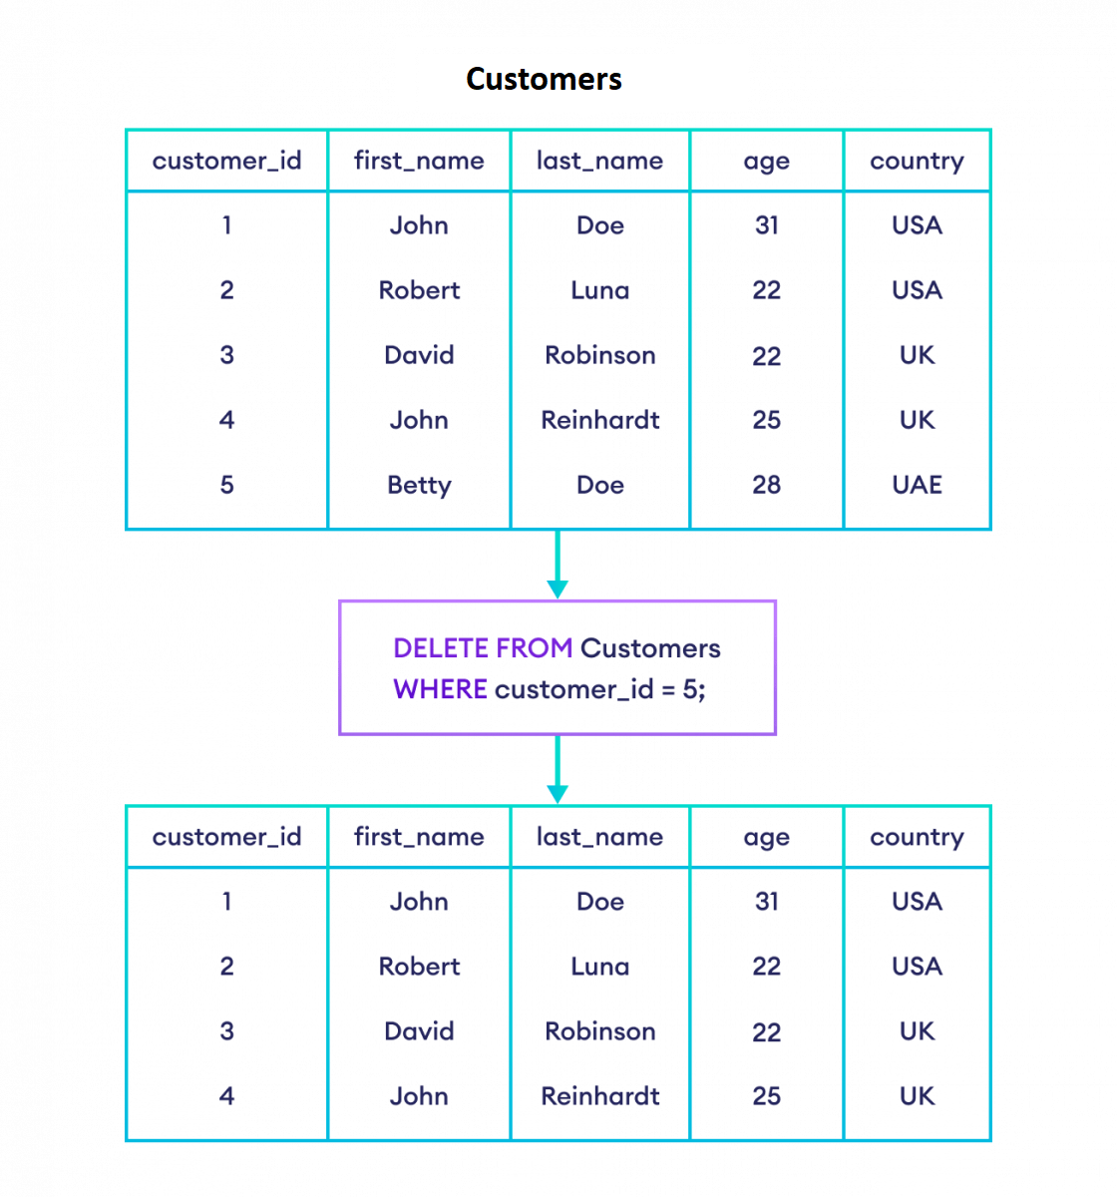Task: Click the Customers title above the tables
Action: (x=544, y=79)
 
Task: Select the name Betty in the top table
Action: (x=419, y=485)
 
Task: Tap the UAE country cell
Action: (x=917, y=485)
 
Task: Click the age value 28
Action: (x=766, y=485)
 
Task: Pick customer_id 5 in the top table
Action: (x=226, y=485)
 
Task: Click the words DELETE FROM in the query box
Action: (x=483, y=648)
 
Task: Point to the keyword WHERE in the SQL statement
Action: (x=440, y=689)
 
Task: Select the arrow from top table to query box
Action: (x=558, y=565)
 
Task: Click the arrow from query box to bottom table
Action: (x=558, y=770)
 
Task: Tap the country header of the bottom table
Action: (x=917, y=837)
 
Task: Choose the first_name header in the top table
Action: (x=419, y=161)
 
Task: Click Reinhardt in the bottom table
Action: (x=599, y=1096)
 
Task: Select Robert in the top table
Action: (x=419, y=290)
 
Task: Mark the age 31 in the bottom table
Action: (x=766, y=902)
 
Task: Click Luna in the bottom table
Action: (x=599, y=967)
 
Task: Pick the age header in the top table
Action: (x=766, y=162)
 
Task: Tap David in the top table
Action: (x=419, y=355)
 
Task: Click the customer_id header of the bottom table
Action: (x=226, y=837)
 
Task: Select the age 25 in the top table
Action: (x=766, y=420)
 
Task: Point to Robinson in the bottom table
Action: (x=599, y=1031)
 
